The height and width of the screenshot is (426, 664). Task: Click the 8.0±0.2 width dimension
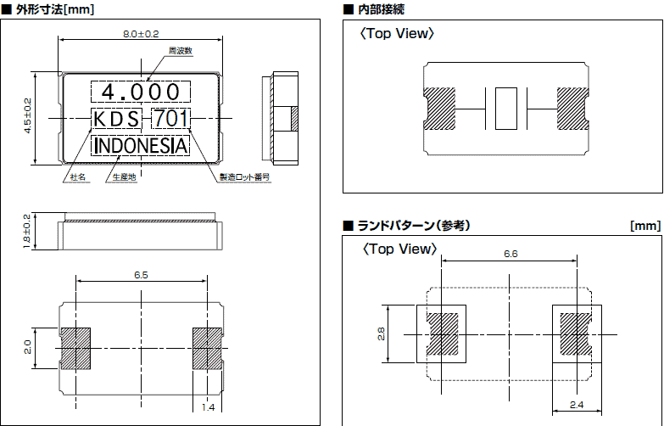[x=141, y=34]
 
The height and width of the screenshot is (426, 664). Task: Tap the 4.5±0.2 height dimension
[x=27, y=115]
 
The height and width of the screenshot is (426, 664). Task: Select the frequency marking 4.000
[x=141, y=91]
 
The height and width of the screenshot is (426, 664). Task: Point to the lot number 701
[x=170, y=119]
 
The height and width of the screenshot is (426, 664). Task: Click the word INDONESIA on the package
[x=141, y=146]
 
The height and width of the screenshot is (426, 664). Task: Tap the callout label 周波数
[x=181, y=51]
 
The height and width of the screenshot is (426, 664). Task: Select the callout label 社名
[x=77, y=178]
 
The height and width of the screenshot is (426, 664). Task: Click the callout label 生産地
[x=124, y=178]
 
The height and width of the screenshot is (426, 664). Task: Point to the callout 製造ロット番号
[x=244, y=178]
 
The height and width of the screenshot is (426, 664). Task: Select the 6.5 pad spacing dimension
[x=142, y=275]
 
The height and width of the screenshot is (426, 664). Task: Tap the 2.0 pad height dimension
[x=27, y=347]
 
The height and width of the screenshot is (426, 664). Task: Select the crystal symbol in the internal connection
[x=505, y=109]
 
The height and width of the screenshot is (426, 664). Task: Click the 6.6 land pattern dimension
[x=511, y=254]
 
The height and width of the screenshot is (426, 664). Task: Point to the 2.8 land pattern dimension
[x=381, y=335]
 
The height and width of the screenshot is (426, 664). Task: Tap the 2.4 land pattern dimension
[x=578, y=405]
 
